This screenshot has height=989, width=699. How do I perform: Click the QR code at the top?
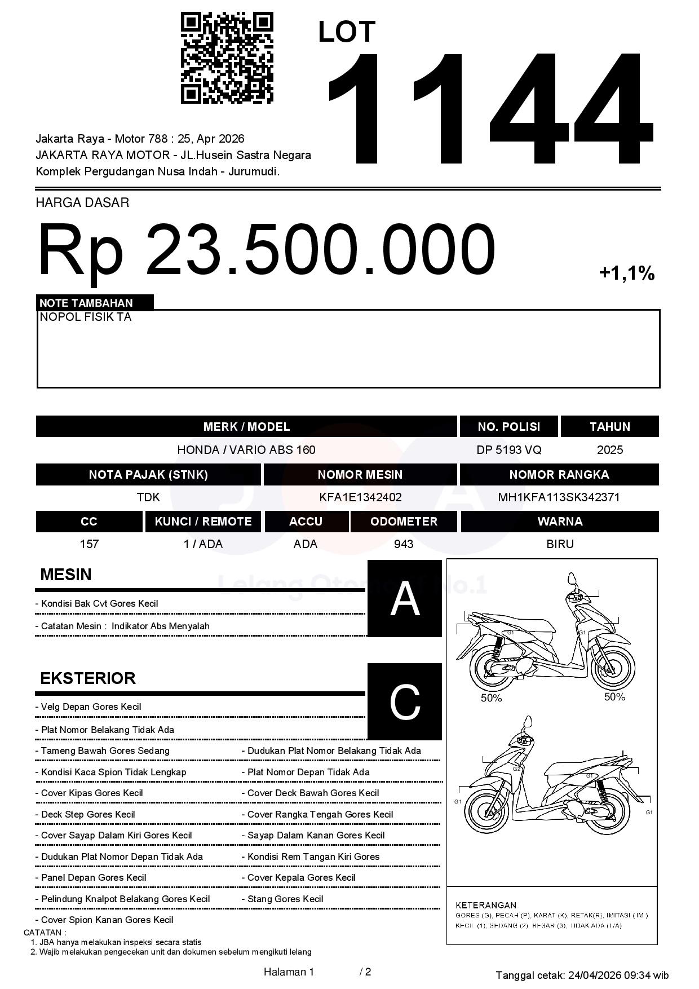coord(227,58)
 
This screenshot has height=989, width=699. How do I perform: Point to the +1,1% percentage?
coord(626,274)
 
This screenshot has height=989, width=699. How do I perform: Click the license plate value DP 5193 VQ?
coord(508,450)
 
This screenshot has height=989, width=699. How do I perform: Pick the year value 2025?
coord(609,450)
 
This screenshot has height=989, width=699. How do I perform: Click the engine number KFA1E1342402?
coord(360,497)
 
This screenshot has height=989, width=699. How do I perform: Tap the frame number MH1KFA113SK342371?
coord(559,497)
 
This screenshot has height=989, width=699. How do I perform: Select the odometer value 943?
coord(404,544)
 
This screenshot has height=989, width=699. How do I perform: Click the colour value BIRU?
coord(560,544)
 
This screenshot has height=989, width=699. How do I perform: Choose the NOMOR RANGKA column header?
coord(559,475)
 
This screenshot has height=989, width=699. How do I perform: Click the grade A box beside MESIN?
coord(405,598)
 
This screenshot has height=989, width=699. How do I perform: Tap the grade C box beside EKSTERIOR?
coord(405,701)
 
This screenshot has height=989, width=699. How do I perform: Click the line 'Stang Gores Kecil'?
coord(285,899)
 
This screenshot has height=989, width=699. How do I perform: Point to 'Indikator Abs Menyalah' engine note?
coord(160,626)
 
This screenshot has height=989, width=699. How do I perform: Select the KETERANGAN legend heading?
coord(485,905)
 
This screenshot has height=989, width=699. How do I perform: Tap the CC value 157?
coord(89,544)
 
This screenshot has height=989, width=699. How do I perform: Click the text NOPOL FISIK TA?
coord(85,317)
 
